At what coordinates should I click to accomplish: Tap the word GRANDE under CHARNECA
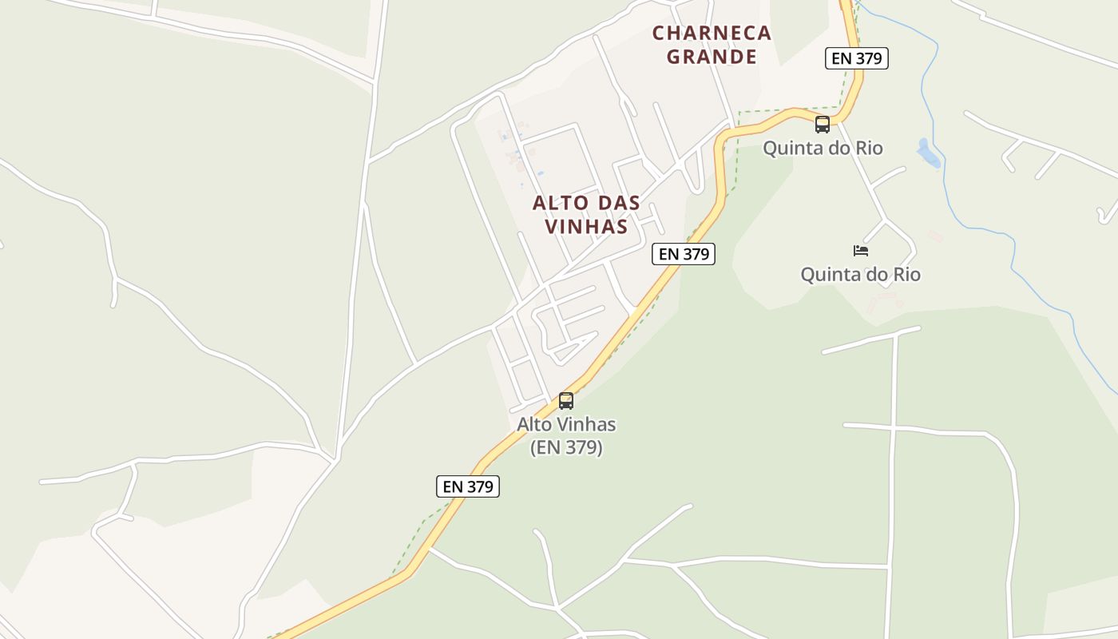(x=712, y=57)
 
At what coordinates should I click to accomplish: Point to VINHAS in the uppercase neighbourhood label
(x=586, y=227)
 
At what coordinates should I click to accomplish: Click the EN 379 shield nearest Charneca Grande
(x=857, y=58)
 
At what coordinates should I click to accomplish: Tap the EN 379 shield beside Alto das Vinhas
(x=683, y=254)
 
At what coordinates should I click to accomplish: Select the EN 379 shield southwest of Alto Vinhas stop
(x=468, y=486)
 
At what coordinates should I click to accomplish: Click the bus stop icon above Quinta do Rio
(x=822, y=125)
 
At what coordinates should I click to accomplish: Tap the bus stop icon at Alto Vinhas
(x=566, y=401)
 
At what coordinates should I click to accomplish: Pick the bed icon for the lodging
(x=860, y=251)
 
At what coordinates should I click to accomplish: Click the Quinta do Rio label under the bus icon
(x=823, y=149)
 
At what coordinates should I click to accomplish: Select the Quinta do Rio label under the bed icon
(x=860, y=275)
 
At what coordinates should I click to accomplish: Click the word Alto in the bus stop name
(x=536, y=424)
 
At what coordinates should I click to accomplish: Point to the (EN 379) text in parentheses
(x=566, y=447)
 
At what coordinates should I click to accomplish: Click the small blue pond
(x=929, y=153)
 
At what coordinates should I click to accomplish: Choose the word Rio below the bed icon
(x=904, y=275)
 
